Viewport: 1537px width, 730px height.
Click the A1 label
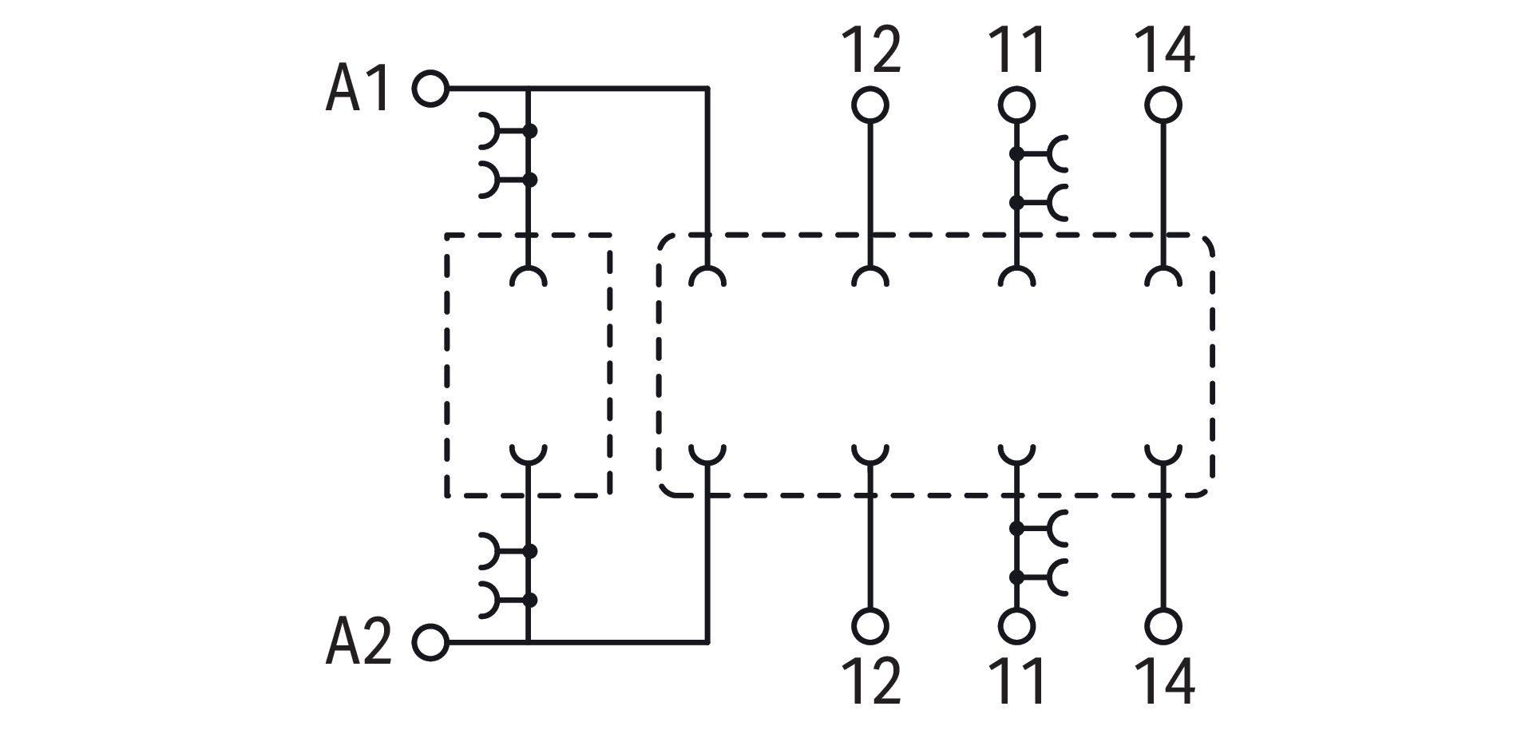(359, 89)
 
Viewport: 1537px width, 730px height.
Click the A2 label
(359, 642)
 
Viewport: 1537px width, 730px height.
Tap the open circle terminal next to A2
(430, 642)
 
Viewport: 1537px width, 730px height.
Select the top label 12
(871, 50)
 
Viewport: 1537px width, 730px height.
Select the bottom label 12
(871, 681)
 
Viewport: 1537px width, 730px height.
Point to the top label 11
(1017, 50)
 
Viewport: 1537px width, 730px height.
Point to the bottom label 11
(1017, 681)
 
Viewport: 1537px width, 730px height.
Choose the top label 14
(1164, 50)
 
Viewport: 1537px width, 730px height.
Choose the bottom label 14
(1164, 681)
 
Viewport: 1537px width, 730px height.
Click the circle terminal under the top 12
(870, 105)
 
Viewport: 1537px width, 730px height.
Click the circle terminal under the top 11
(1016, 105)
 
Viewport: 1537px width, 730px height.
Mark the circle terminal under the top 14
(1163, 105)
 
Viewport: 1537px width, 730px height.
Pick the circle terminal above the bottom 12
(870, 625)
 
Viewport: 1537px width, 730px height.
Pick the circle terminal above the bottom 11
(1016, 625)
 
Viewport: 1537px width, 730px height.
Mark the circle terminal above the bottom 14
(1163, 625)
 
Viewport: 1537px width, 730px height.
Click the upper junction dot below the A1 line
(529, 131)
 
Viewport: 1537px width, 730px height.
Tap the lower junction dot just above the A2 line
(529, 600)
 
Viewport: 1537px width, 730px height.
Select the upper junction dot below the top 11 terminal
(1016, 153)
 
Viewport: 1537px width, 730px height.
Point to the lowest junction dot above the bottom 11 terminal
(1016, 577)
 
